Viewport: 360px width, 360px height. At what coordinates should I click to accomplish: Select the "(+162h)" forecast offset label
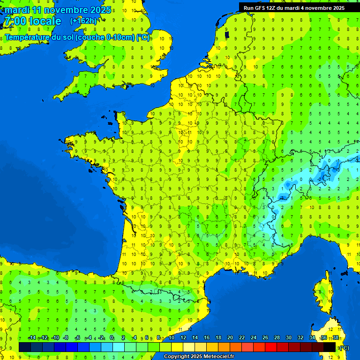click(83, 21)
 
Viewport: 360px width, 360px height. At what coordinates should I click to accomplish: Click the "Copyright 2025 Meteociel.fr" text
click(198, 357)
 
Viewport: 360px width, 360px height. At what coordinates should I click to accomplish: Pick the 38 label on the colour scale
click(336, 337)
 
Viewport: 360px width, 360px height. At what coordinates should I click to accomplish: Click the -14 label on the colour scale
click(31, 337)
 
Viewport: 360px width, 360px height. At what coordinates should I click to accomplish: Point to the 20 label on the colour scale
click(230, 337)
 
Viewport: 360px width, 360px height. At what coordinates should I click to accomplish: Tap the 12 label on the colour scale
click(183, 337)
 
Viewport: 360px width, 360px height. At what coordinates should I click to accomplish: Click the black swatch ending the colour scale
click(330, 347)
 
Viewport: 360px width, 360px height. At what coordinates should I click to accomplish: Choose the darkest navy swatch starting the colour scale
click(25, 347)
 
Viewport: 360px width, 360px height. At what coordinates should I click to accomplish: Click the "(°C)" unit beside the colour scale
click(344, 347)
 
